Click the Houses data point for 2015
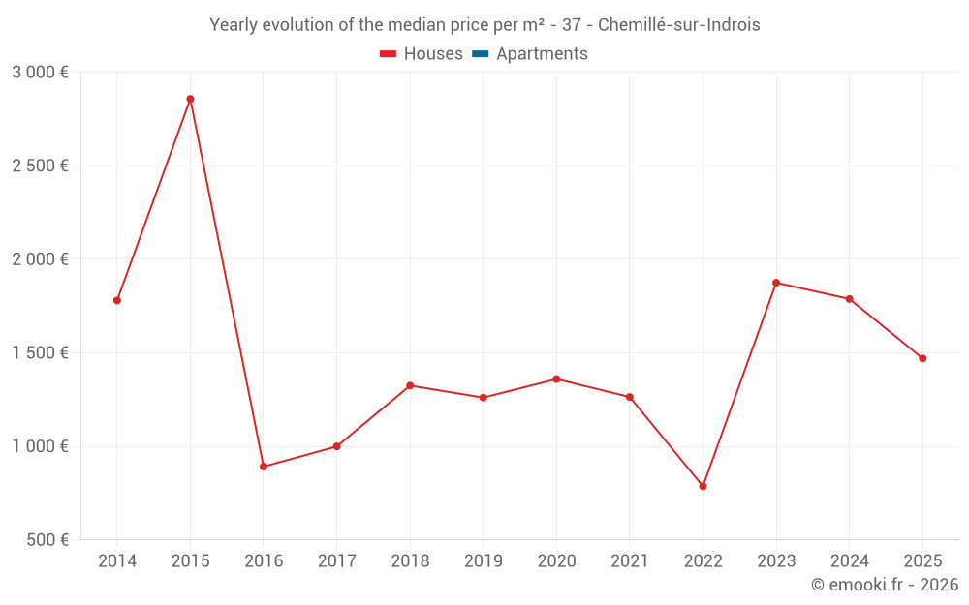[x=190, y=99]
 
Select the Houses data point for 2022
[x=703, y=486]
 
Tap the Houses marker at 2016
[x=264, y=467]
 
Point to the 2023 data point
[x=776, y=283]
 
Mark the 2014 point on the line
[x=117, y=300]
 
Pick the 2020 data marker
[x=556, y=378]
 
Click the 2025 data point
[x=922, y=358]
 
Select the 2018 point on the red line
[x=410, y=385]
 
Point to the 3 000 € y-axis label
[x=40, y=72]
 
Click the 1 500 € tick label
[x=40, y=352]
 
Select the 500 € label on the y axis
[x=46, y=539]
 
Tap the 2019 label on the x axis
[x=483, y=561]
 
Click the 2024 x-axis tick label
[x=849, y=561]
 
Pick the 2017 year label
[x=336, y=561]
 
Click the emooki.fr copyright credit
[x=885, y=585]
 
